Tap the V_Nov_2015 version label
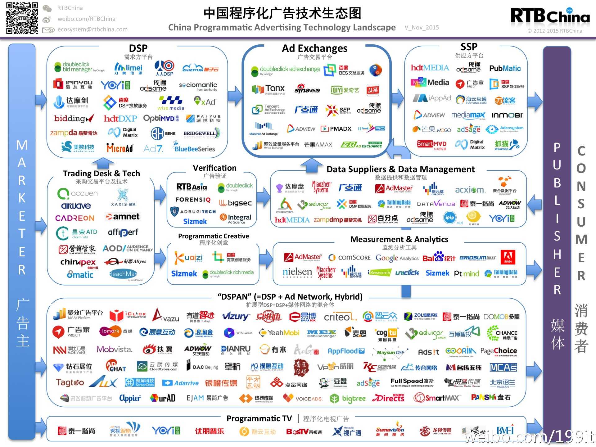click(x=422, y=28)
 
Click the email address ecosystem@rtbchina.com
click(x=92, y=29)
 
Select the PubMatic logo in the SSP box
click(x=505, y=68)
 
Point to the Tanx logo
click(x=269, y=89)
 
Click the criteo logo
click(x=340, y=317)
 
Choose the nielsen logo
click(x=297, y=272)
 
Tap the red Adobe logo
click(x=508, y=257)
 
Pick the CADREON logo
click(x=75, y=218)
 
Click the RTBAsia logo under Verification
click(x=192, y=187)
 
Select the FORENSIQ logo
click(x=193, y=200)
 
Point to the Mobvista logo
click(x=114, y=350)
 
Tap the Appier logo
click(x=130, y=398)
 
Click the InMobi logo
click(x=507, y=115)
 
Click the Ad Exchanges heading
click(x=314, y=48)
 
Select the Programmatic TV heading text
click(x=259, y=418)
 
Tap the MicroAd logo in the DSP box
click(x=120, y=148)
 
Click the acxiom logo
click(x=469, y=190)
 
